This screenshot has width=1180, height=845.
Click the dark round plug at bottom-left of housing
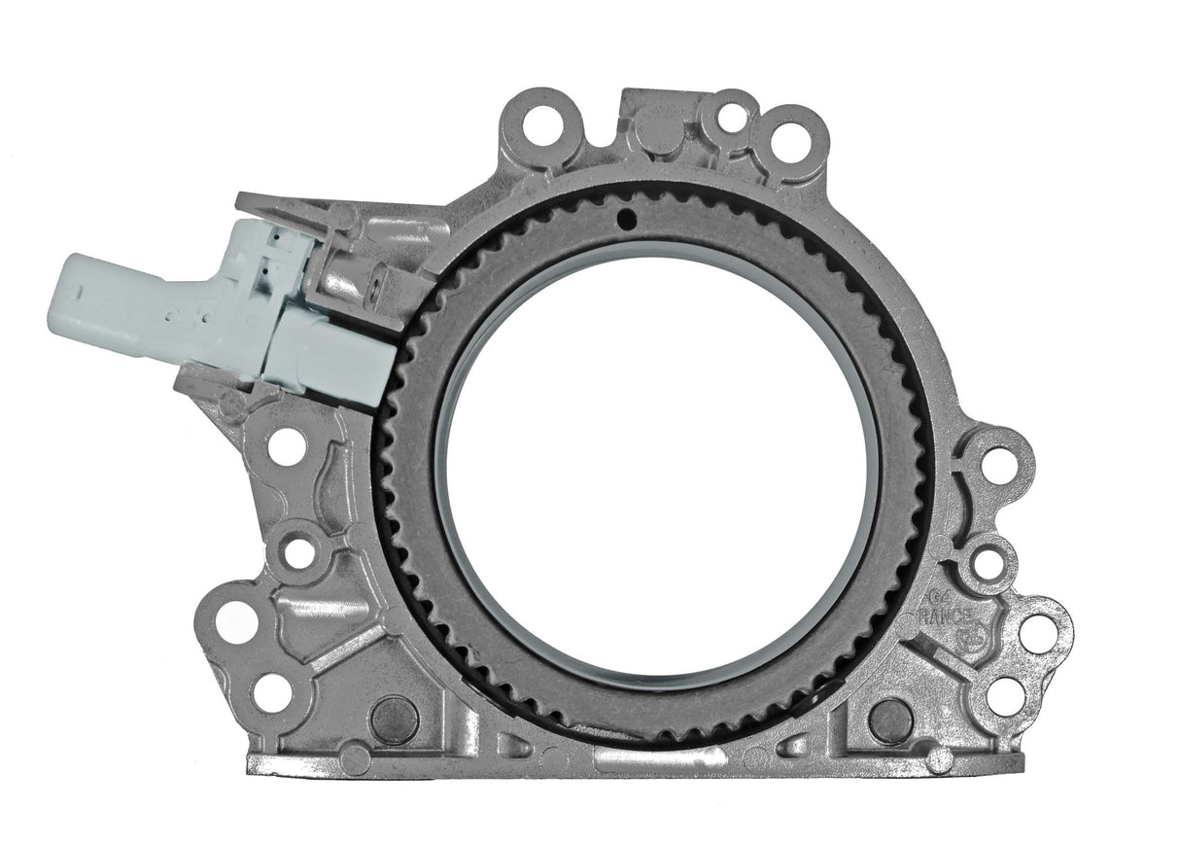395,718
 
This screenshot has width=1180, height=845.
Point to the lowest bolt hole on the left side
271,691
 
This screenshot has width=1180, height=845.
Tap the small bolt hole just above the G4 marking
988,563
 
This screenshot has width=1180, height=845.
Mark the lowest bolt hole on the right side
1005,695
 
